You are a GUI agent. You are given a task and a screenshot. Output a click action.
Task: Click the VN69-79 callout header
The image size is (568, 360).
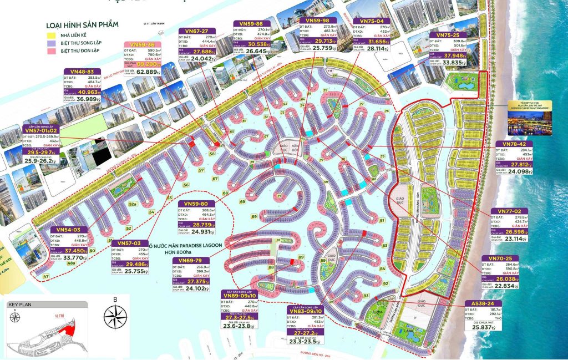coord(191,260)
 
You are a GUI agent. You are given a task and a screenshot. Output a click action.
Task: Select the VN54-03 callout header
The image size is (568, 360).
coord(69,230)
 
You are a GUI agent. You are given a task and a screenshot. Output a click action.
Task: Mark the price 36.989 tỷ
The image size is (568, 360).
coord(89,99)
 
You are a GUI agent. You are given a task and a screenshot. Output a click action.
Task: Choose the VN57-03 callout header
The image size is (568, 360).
coord(130,243)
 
